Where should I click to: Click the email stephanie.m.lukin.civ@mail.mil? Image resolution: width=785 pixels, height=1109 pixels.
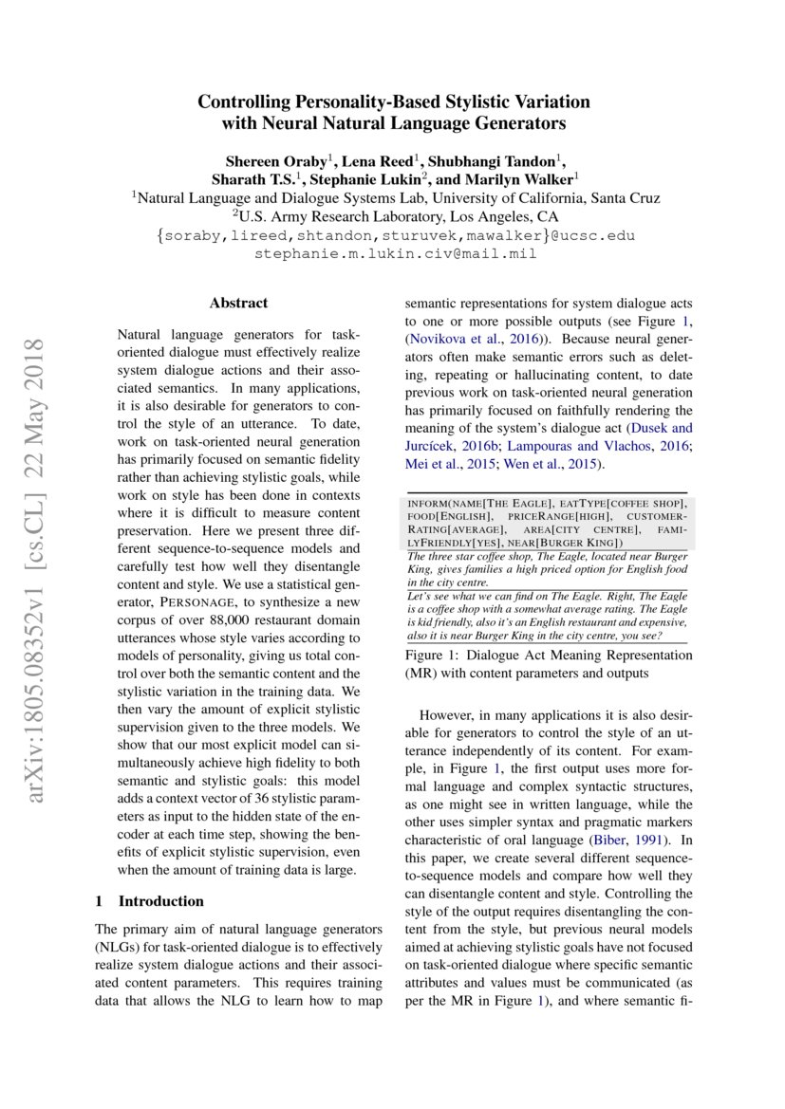click(x=396, y=253)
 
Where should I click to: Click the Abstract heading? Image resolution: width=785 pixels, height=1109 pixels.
click(x=238, y=303)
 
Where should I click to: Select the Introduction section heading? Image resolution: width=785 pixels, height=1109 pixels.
click(x=160, y=900)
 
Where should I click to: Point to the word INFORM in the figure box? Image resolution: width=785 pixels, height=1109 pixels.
click(x=429, y=502)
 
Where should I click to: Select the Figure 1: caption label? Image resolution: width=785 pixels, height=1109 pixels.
click(x=436, y=656)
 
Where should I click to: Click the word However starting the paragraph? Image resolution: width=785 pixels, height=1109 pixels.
click(x=449, y=714)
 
